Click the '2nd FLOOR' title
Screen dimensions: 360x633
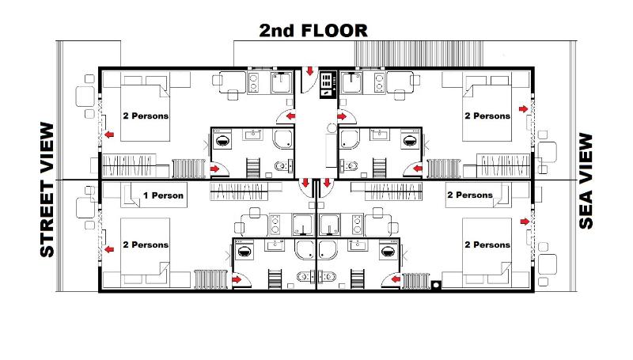coord(313,31)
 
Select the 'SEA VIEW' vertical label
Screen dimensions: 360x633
coord(586,180)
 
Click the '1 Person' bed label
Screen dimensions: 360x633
coord(163,195)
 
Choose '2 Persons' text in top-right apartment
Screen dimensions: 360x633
coord(487,116)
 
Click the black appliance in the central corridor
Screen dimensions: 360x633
coord(328,84)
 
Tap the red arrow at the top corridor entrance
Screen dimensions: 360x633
coord(311,71)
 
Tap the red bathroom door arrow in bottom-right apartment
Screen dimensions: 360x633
coord(393,279)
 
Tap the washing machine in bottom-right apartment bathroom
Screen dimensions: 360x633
coord(387,252)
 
